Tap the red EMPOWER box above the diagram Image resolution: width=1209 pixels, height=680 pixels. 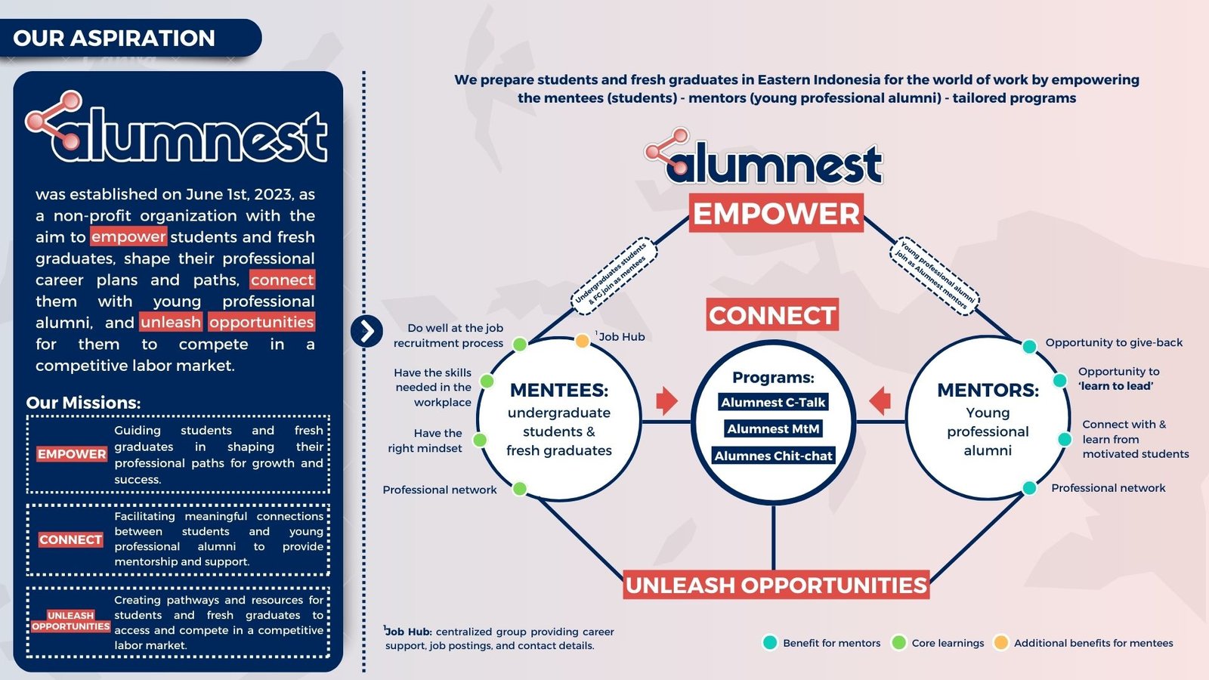(776, 213)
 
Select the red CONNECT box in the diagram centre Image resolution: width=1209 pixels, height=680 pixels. (772, 314)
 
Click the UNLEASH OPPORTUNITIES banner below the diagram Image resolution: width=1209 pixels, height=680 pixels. (776, 585)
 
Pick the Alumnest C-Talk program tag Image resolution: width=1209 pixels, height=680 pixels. (773, 402)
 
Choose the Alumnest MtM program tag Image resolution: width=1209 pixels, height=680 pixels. (773, 428)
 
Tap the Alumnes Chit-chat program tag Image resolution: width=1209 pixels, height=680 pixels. (773, 456)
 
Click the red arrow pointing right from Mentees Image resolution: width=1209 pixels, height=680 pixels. (667, 401)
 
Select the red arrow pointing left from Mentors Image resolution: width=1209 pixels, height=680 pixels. (880, 401)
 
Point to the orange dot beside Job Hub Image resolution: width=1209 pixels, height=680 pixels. (582, 341)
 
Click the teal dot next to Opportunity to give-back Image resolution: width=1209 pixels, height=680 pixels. (1029, 347)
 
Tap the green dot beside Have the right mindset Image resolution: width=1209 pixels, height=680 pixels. (479, 440)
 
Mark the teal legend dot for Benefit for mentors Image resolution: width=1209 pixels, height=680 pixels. (770, 642)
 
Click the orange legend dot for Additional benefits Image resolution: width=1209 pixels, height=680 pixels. (1000, 642)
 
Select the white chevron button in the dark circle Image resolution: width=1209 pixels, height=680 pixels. (366, 331)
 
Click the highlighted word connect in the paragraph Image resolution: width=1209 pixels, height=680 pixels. (283, 280)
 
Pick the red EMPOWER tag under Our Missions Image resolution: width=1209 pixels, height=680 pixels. (72, 454)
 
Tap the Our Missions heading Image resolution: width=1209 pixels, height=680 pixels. (83, 403)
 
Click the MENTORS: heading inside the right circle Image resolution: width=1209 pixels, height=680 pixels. (988, 390)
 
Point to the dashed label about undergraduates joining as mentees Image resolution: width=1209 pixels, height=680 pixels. (614, 276)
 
